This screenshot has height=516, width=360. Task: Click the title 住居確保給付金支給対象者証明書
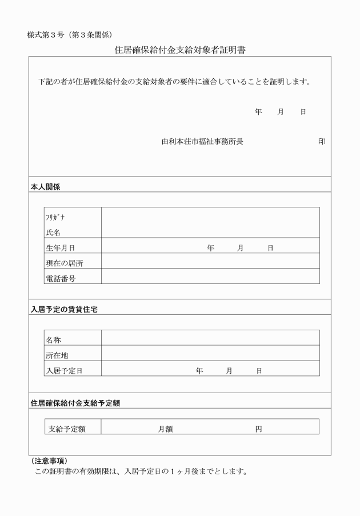coord(179,50)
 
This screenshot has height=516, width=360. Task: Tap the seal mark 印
coord(322,141)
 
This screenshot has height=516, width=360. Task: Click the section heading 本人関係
coord(46,186)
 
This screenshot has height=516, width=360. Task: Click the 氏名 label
coord(53,233)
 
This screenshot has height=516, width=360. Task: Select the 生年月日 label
coord(61,248)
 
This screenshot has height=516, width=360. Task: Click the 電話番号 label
coord(61,278)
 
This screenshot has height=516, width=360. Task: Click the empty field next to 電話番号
coord(210,277)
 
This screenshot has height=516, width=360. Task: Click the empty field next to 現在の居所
coord(210,261)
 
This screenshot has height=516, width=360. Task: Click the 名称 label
coord(53,340)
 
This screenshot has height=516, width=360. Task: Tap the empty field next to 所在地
coord(210,353)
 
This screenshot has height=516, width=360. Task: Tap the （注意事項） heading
coord(47,461)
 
